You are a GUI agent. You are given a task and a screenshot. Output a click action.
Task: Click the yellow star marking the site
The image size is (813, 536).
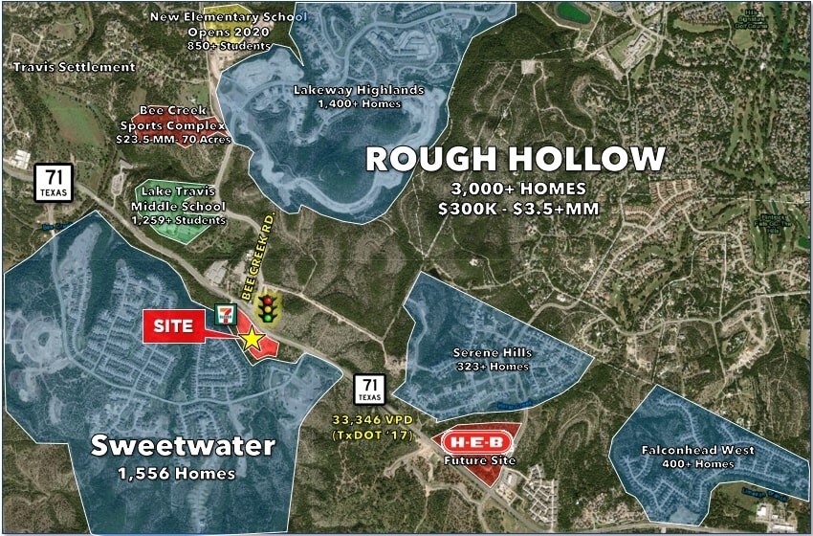click(252, 337)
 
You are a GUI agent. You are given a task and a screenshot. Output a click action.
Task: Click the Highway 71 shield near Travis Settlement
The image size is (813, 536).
click(54, 180)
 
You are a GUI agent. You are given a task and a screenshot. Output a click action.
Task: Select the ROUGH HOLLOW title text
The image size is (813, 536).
click(516, 159)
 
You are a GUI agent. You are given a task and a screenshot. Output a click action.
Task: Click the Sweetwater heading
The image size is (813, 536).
click(183, 445)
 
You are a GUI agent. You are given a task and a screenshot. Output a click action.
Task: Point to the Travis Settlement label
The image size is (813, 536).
click(74, 67)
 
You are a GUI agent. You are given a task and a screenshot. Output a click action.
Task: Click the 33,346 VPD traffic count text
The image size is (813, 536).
click(371, 419)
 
